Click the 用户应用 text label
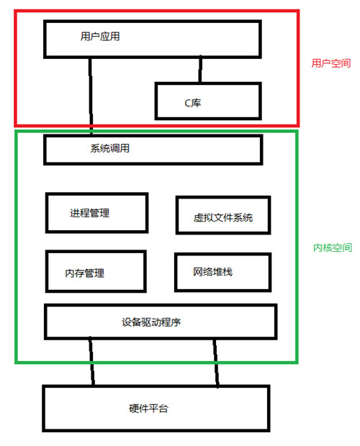click(x=100, y=37)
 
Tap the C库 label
click(x=193, y=103)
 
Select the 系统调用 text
click(x=110, y=148)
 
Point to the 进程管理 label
click(x=90, y=213)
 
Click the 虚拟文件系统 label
click(x=223, y=217)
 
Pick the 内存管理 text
click(x=84, y=273)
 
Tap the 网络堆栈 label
click(x=212, y=272)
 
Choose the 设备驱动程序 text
click(x=151, y=322)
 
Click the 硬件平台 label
click(x=148, y=409)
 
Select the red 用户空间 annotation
click(x=331, y=63)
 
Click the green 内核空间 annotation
click(x=333, y=247)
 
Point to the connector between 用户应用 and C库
click(x=200, y=69)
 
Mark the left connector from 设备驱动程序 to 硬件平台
click(x=91, y=362)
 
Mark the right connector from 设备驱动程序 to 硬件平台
click(x=216, y=363)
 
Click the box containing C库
click(x=208, y=83)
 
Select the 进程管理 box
click(x=96, y=194)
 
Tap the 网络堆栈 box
click(x=222, y=254)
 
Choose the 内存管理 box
click(x=96, y=252)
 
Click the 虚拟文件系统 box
click(x=223, y=197)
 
